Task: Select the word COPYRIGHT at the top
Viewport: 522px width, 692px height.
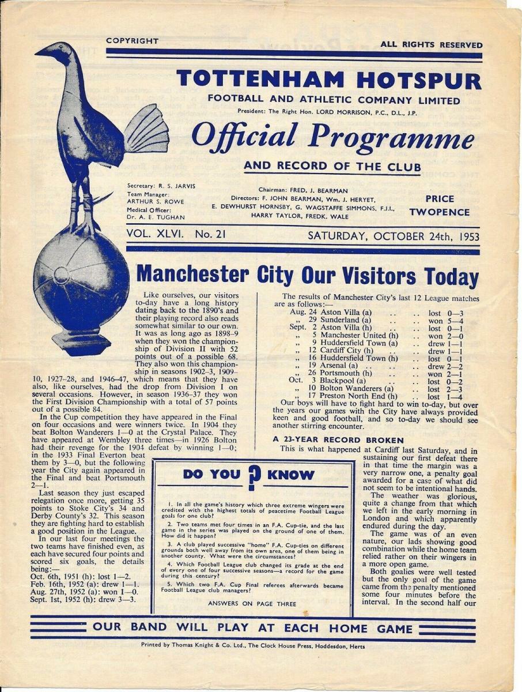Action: (x=132, y=41)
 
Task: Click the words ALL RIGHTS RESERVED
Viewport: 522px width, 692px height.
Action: (x=431, y=44)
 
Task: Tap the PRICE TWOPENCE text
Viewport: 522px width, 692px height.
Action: (x=440, y=205)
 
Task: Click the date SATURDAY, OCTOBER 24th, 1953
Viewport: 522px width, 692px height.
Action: (x=394, y=235)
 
